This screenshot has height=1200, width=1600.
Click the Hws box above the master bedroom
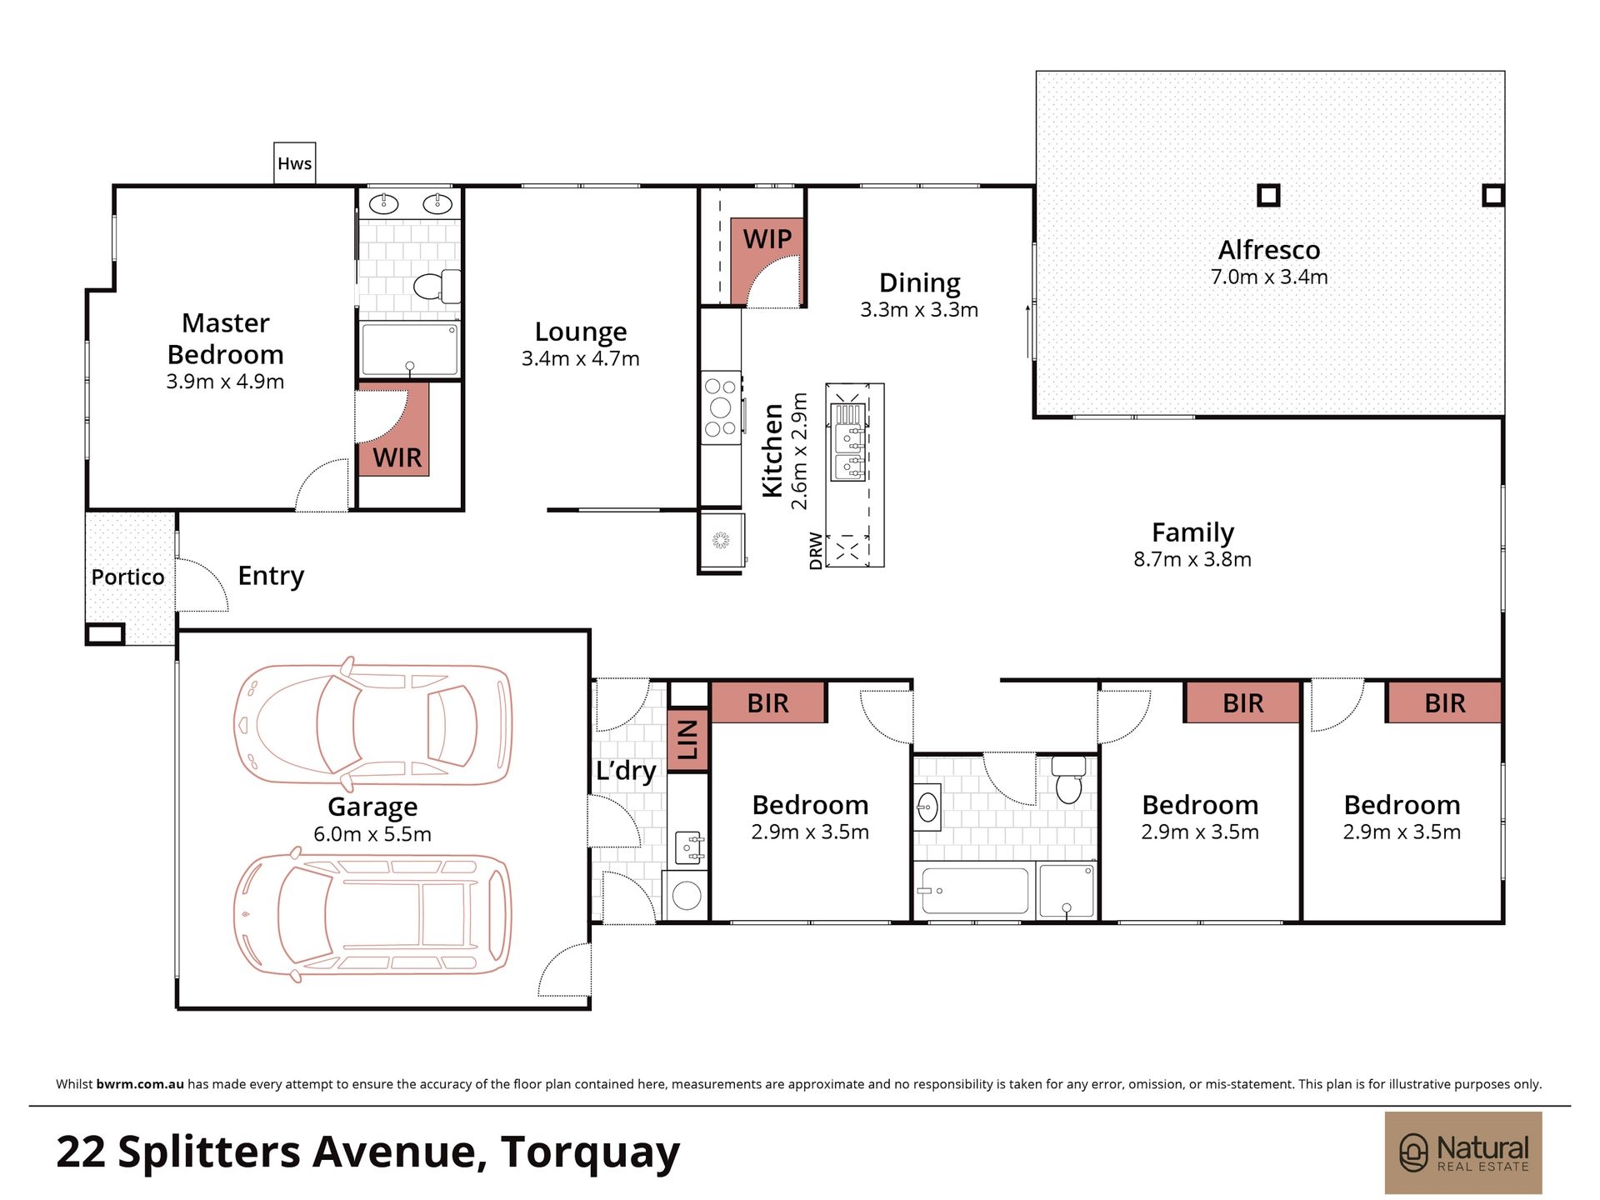pyautogui.click(x=295, y=162)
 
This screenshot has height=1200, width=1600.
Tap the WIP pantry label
pyautogui.click(x=767, y=239)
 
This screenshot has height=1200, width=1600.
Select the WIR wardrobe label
pyautogui.click(x=397, y=457)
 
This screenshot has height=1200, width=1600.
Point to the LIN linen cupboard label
pyautogui.click(x=687, y=740)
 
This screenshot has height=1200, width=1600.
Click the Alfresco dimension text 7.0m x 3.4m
pyautogui.click(x=1269, y=277)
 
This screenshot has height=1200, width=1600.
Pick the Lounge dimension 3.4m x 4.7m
pyautogui.click(x=581, y=358)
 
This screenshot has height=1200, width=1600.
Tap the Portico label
pyautogui.click(x=127, y=577)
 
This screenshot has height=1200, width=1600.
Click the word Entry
pyautogui.click(x=271, y=576)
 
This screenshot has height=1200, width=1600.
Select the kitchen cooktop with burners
pyautogui.click(x=721, y=407)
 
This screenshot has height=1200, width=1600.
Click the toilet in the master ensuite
pyautogui.click(x=437, y=286)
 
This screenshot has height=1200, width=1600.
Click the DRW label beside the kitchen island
pyautogui.click(x=816, y=551)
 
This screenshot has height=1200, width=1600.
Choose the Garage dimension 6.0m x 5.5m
pyautogui.click(x=372, y=834)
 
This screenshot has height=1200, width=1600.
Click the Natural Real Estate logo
pyautogui.click(x=1463, y=1152)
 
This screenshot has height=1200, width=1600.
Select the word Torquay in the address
pyautogui.click(x=591, y=1153)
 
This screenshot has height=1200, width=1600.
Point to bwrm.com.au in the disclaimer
pyautogui.click(x=140, y=1084)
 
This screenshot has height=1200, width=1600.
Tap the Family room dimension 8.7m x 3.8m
pyautogui.click(x=1192, y=559)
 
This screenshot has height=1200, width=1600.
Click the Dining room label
pyautogui.click(x=920, y=283)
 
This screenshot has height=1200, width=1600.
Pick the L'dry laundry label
pyautogui.click(x=626, y=771)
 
